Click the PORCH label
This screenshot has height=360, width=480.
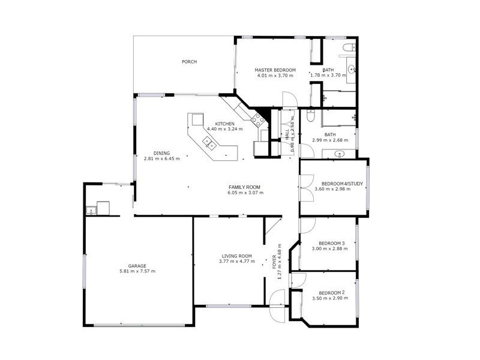coord(190,62)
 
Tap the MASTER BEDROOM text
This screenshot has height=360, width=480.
coord(275,70)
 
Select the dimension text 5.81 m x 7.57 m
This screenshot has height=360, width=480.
coord(137,271)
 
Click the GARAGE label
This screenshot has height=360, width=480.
coord(137,266)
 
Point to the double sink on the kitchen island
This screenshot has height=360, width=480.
coord(209,142)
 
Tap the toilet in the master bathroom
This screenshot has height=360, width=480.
coord(347,47)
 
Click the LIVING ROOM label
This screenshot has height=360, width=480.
coord(235,256)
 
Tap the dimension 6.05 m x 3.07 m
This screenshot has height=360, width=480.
coord(245,193)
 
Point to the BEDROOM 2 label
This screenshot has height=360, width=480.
coord(332,293)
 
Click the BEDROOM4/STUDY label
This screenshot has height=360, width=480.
coord(340,184)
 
